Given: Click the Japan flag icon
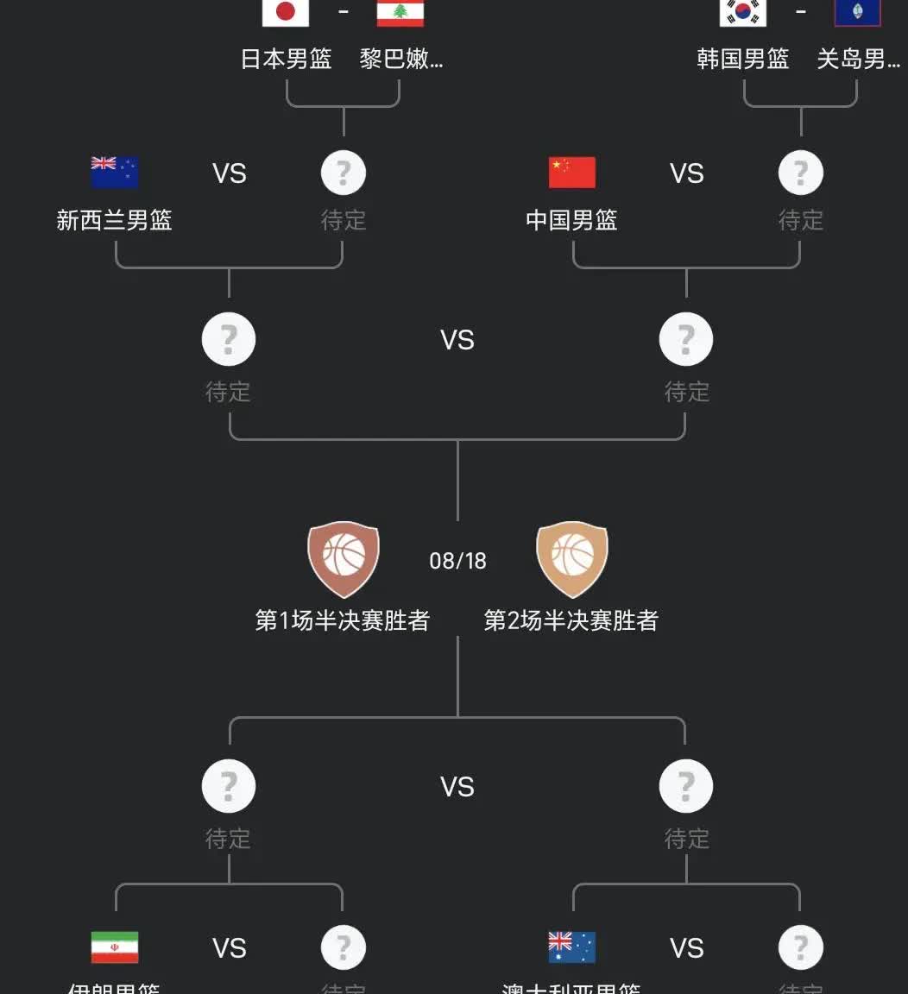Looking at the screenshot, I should coord(286,12).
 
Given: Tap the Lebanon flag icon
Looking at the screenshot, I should coord(400,12).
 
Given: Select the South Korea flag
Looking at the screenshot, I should coord(743,12).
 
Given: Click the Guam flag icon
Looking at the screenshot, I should coord(857,12).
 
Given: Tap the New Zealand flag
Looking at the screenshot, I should coord(115,173).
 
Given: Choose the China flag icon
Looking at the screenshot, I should coord(572,173).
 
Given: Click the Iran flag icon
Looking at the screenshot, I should coord(115,947).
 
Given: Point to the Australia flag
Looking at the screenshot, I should coord(572,947).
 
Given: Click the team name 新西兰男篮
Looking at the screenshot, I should coord(115,221).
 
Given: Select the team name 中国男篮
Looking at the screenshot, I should coord(572,221).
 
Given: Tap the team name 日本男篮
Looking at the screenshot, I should coord(286,59).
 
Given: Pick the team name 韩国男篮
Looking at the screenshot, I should coord(743,59).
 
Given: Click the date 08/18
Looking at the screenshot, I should coord(457,561).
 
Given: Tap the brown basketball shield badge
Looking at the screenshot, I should coord(344,558).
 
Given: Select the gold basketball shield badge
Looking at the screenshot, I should coord(572,558).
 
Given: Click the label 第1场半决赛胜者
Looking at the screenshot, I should coord(343,620).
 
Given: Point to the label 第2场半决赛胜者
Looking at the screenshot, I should coord(571,620).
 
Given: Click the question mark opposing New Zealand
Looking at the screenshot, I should coord(344,173).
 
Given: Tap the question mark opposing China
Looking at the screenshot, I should coord(801,173).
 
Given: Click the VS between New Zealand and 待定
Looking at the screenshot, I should coord(230,173).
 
